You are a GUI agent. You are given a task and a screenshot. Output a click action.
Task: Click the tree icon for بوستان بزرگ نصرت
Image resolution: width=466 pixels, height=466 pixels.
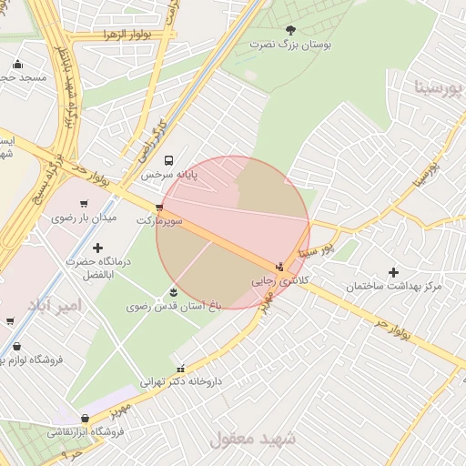(x=290, y=30)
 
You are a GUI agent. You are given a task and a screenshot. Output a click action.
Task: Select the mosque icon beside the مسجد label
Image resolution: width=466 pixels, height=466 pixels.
(x=17, y=65)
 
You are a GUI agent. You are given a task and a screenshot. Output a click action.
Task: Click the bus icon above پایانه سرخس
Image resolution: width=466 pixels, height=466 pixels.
(x=167, y=160)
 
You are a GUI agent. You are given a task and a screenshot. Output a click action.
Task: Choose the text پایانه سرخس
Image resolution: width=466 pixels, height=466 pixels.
(x=168, y=173)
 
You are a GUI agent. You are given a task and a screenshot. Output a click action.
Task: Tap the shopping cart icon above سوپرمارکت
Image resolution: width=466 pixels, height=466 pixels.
(x=160, y=208)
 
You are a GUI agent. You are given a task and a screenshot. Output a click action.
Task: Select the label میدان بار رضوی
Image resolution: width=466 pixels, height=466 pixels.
(x=85, y=218)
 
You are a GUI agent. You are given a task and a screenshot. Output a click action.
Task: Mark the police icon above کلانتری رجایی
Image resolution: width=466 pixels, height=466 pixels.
(x=279, y=268)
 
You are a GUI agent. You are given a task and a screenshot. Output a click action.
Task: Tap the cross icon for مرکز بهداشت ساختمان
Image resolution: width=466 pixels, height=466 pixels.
(x=393, y=272)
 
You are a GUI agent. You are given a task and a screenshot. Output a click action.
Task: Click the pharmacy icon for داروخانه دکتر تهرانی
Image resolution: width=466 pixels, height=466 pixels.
(x=180, y=369)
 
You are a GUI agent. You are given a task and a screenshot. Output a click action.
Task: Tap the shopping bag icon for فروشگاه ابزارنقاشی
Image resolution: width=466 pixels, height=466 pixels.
(x=85, y=418)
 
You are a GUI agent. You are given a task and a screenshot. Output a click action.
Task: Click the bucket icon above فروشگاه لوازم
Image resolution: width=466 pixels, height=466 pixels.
(x=17, y=346)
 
